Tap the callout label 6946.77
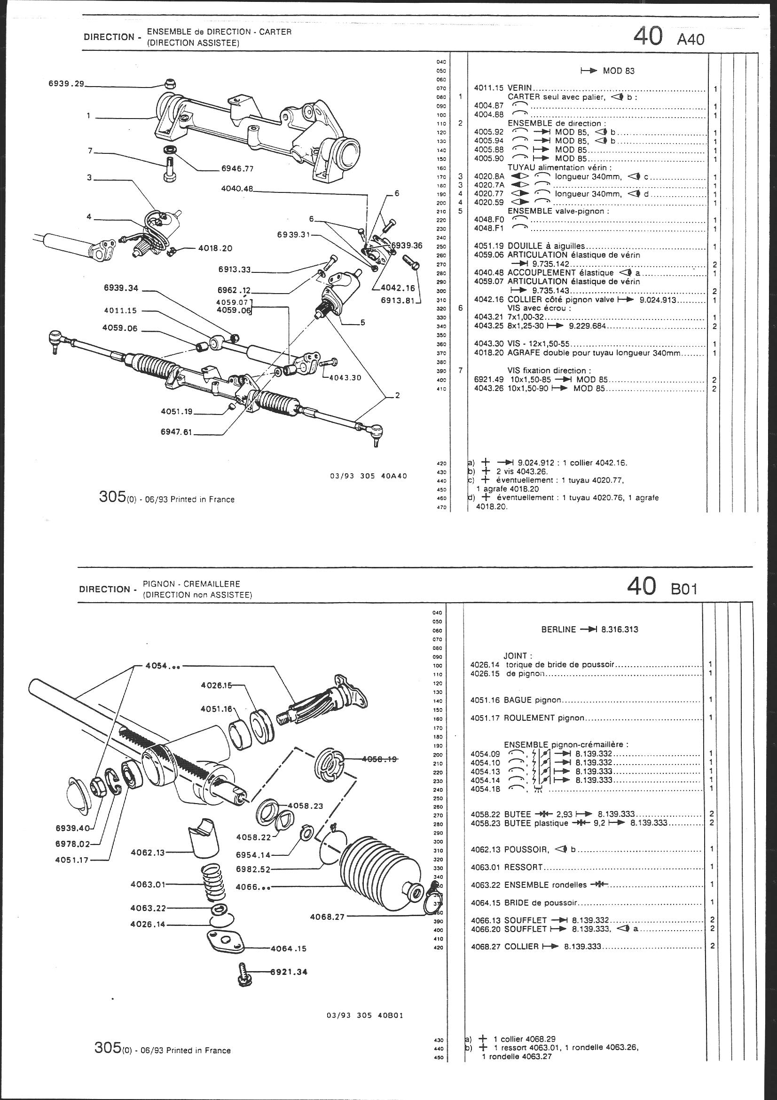tap(237, 168)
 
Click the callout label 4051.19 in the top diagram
tap(177, 411)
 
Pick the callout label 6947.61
tap(177, 432)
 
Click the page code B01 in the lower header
tap(684, 589)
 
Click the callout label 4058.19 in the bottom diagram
tap(380, 759)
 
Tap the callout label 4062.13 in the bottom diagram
tap(147, 853)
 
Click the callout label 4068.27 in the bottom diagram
tap(327, 917)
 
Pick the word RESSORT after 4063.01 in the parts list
tap(524, 867)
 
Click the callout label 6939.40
tap(72, 828)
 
